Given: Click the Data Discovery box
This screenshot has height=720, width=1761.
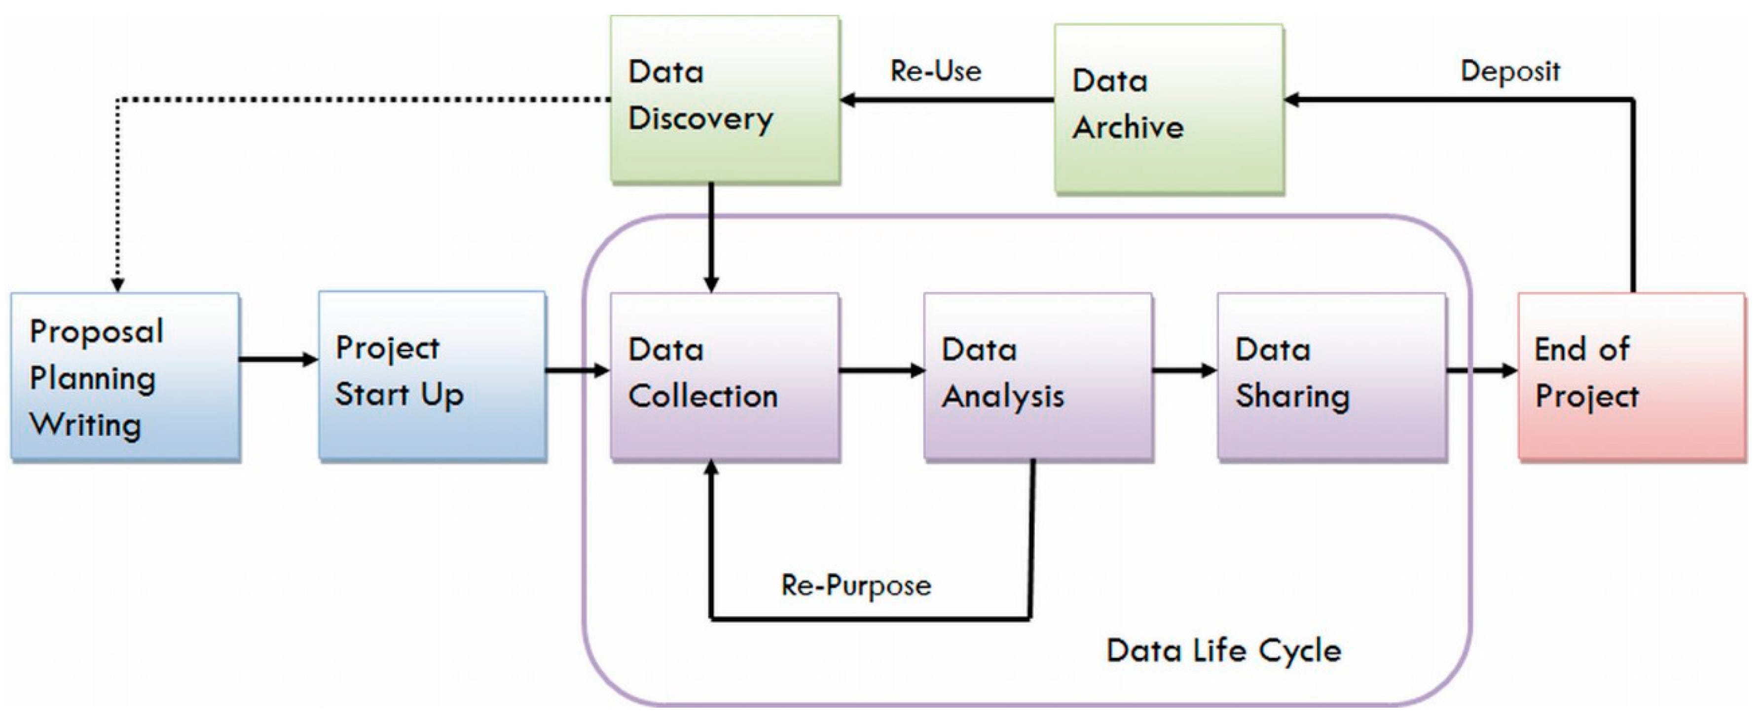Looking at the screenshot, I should pos(725,99).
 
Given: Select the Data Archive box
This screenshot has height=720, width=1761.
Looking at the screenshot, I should pos(1169,109).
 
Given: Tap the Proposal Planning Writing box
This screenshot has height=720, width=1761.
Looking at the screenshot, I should pos(125,377).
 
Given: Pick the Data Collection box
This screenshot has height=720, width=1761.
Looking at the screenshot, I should pos(725,376).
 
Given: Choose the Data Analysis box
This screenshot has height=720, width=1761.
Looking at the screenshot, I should pos(1038,376).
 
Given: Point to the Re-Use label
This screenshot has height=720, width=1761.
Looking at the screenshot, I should pos(935,71).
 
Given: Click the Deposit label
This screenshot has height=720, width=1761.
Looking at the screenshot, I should pos(1510,71).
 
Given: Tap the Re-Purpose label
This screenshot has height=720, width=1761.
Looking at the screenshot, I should pos(856,585).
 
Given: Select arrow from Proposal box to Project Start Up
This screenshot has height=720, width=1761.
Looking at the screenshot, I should pos(278,359).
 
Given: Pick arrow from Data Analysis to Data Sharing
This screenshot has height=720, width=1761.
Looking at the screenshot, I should pos(1184,370).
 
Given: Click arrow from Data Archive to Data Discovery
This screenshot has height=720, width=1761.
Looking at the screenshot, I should pos(947,100).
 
